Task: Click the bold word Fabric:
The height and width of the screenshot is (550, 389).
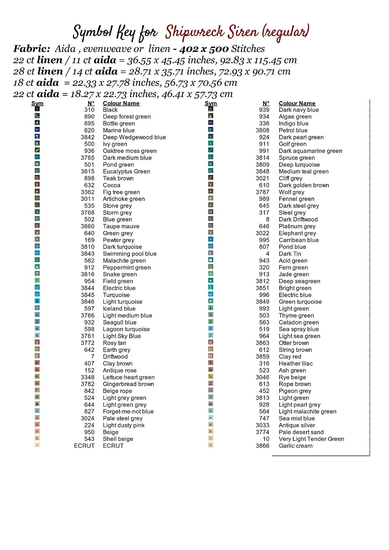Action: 32,49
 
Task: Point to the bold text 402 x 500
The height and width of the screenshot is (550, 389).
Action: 204,49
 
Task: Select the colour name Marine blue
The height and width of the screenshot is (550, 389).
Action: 119,131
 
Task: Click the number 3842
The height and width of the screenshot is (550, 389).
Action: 88,137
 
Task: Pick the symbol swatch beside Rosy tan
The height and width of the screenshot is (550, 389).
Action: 37,342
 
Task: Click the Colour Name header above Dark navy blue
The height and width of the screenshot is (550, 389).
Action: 297,103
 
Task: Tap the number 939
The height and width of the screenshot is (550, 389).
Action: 264,110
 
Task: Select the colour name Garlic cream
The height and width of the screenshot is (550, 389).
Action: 295,446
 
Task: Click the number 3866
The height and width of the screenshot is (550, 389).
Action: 262,446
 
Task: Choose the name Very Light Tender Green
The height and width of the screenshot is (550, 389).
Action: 311,439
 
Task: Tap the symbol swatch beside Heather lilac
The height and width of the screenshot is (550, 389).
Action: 211,363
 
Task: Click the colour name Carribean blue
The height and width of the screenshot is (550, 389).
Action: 299,240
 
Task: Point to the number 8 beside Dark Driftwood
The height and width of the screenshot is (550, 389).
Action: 268,219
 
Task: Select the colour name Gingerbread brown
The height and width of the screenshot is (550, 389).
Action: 128,384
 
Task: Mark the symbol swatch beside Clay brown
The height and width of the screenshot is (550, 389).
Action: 37,363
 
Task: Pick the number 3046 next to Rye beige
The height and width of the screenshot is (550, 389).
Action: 262,377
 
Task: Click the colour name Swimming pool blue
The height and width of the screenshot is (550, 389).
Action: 130,254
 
